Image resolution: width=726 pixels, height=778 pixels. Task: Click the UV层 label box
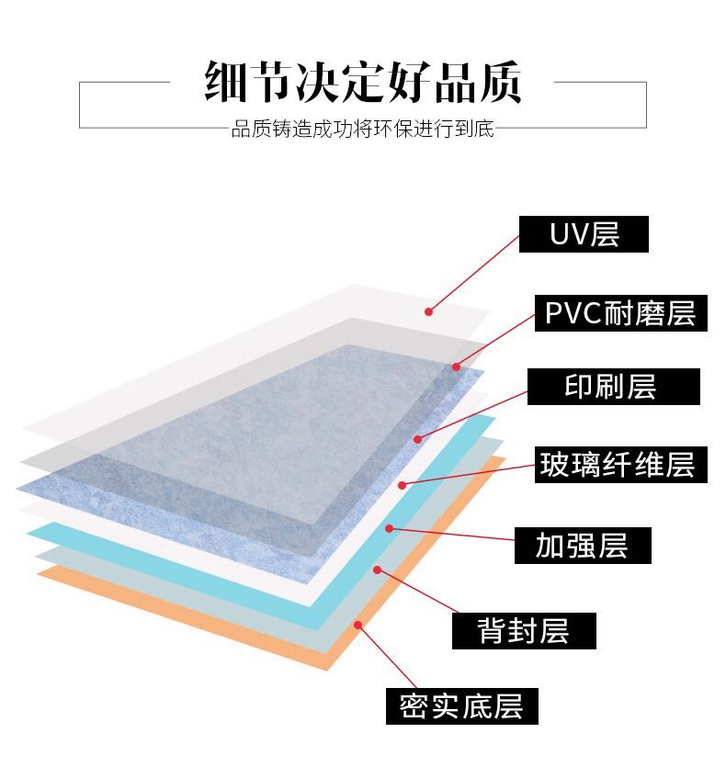(584, 234)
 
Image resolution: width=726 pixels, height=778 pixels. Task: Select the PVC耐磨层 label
(619, 313)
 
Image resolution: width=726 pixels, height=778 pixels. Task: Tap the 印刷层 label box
(613, 387)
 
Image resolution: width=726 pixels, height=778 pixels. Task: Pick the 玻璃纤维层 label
(617, 465)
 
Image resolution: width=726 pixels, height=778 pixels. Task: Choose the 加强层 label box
(583, 545)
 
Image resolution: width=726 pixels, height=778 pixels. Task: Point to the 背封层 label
(524, 631)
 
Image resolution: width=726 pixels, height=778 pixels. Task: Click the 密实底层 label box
(461, 706)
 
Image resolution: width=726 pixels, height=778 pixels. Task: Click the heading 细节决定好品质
(362, 85)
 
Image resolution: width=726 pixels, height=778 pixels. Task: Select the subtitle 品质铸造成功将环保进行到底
(362, 130)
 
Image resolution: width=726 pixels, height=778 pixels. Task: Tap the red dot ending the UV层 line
(428, 311)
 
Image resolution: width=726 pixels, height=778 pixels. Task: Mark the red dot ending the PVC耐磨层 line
(456, 366)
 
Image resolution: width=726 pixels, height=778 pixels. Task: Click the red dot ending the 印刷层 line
(418, 439)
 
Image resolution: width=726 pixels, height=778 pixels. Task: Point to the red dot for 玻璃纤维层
(403, 484)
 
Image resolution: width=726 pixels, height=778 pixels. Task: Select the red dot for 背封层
(377, 569)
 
